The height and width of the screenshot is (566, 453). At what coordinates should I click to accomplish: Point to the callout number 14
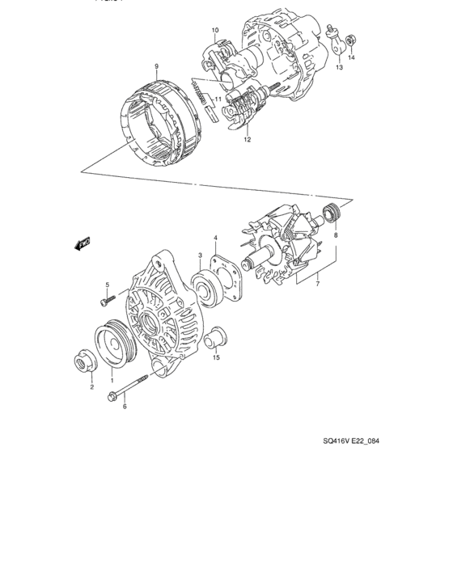point(351,59)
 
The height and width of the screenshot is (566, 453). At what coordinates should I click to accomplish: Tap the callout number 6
point(124,407)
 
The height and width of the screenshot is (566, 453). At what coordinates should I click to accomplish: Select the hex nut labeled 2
point(85,362)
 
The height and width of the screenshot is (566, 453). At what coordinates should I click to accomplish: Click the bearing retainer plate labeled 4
point(223,271)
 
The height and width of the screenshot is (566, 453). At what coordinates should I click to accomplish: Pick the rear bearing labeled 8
point(330,214)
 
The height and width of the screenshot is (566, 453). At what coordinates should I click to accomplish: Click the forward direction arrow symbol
point(83,242)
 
